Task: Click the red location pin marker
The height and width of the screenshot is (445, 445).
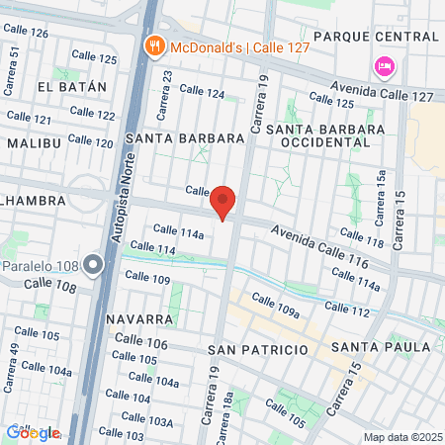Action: click(223, 202)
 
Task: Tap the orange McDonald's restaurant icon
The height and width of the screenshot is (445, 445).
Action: click(154, 45)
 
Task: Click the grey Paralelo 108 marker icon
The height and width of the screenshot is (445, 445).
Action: click(94, 264)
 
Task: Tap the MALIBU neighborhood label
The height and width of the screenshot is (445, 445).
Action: click(33, 143)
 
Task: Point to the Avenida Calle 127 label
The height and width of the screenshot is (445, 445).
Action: click(384, 91)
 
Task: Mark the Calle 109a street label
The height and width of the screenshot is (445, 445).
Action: click(275, 308)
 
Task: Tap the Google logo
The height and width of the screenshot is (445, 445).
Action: click(33, 432)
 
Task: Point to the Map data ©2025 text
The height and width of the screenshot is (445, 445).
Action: click(400, 437)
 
